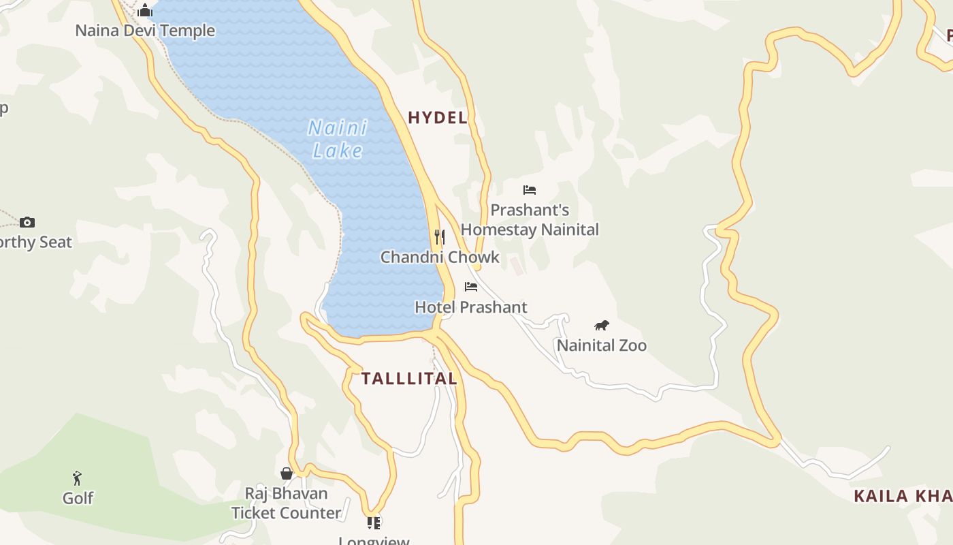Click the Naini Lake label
[x=338, y=139]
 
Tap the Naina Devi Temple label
[x=145, y=31]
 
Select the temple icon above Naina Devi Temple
[x=145, y=11]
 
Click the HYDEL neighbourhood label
[x=438, y=118]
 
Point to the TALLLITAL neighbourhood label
[x=409, y=379]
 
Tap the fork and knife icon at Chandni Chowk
[x=440, y=237]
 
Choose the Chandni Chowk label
[x=440, y=258]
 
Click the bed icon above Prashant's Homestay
[x=530, y=190]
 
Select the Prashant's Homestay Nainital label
[x=530, y=220]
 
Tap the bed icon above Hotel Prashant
[x=471, y=287]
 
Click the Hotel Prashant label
[x=471, y=307]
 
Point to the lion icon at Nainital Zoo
[x=601, y=326]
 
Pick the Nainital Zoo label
[x=602, y=345]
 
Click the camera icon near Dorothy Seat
[x=27, y=222]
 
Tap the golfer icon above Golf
[x=78, y=478]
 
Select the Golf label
[x=78, y=499]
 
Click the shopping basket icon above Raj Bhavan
[x=287, y=473]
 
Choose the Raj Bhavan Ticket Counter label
[x=287, y=503]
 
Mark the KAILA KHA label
[x=903, y=496]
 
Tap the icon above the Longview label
[x=374, y=523]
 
